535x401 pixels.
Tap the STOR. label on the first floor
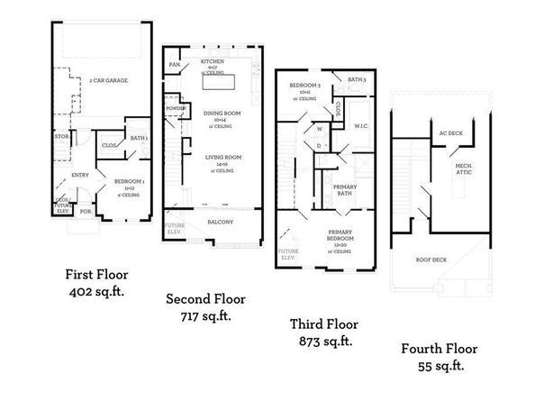(62, 138)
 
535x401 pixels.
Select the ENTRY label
(80, 176)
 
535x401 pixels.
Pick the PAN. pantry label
(176, 64)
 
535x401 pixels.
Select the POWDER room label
(176, 109)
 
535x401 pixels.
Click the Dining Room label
(216, 114)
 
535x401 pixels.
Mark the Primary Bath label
(347, 189)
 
